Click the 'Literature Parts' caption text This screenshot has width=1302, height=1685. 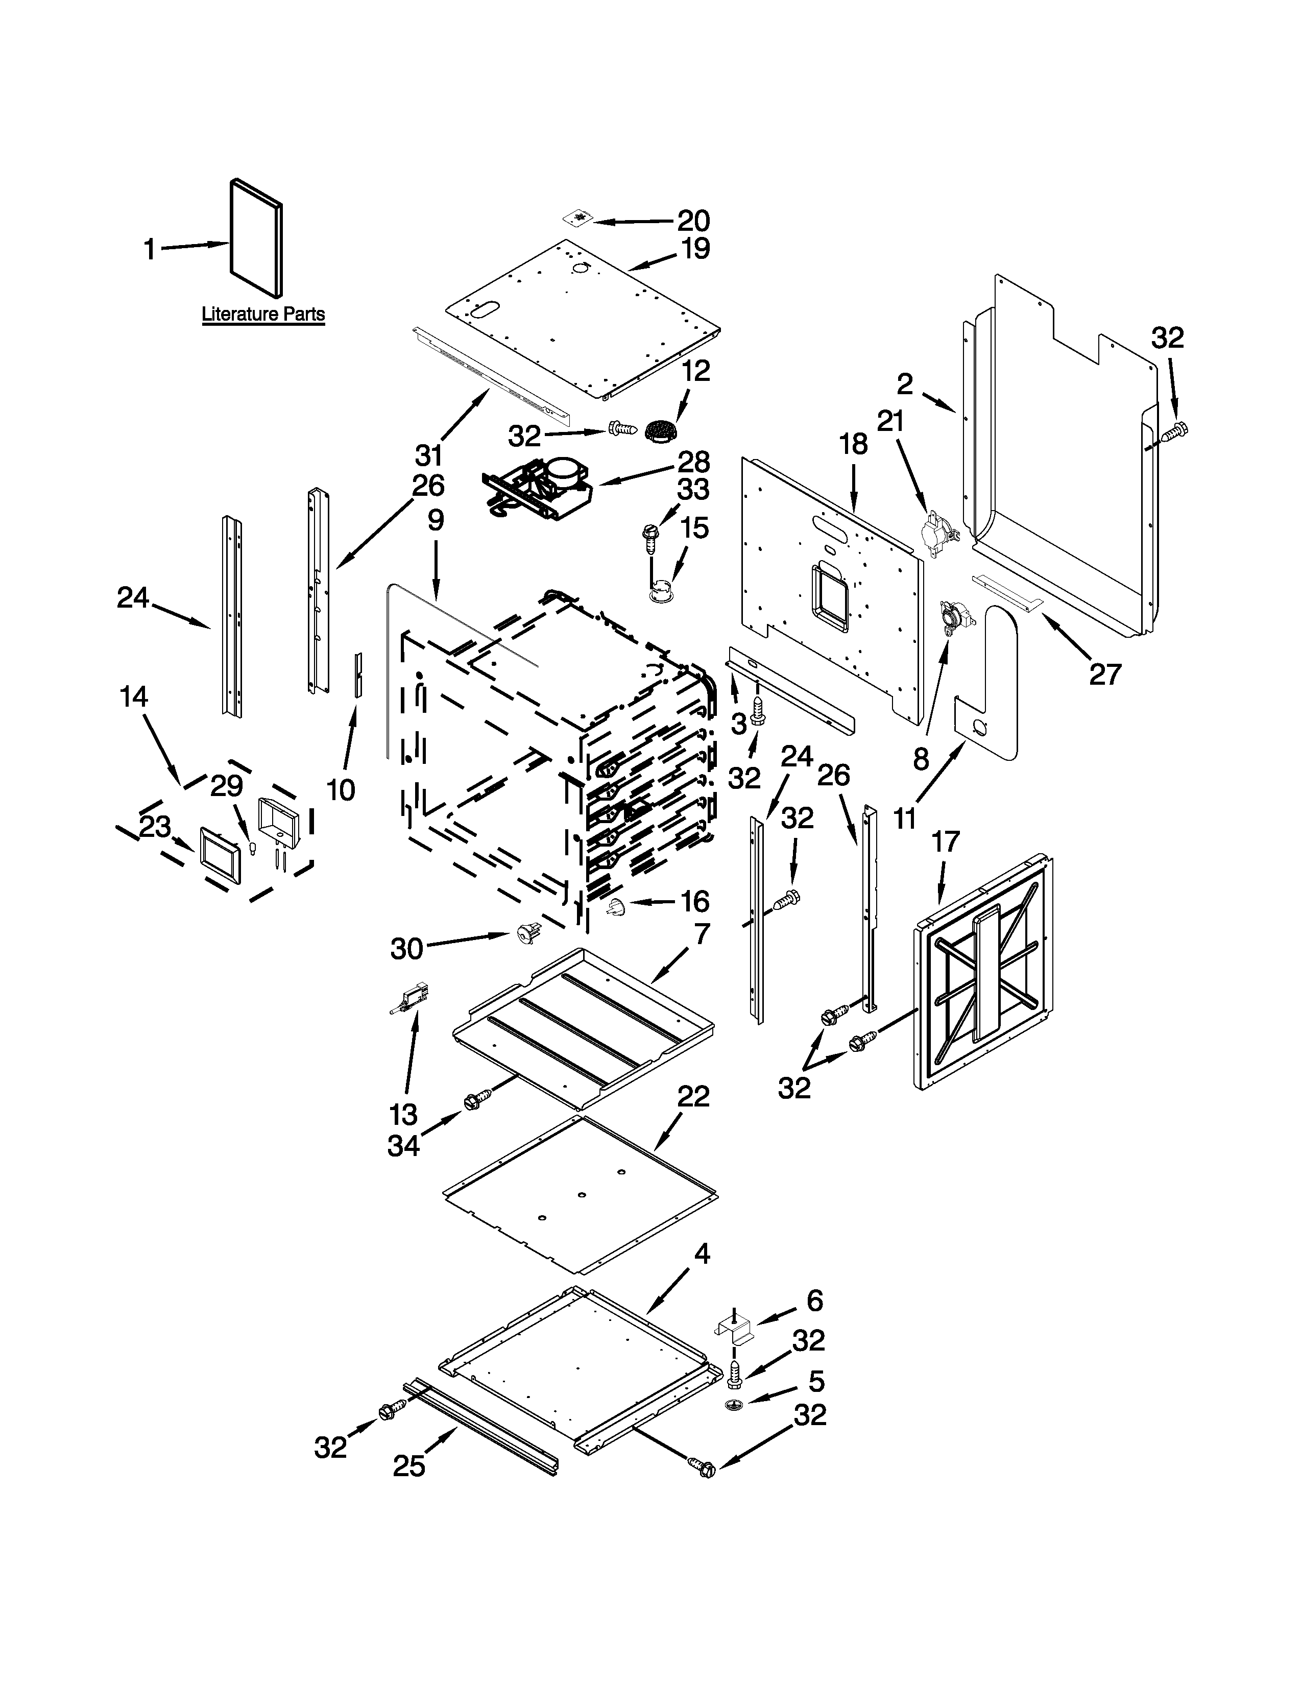263,315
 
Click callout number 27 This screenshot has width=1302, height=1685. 1104,675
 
